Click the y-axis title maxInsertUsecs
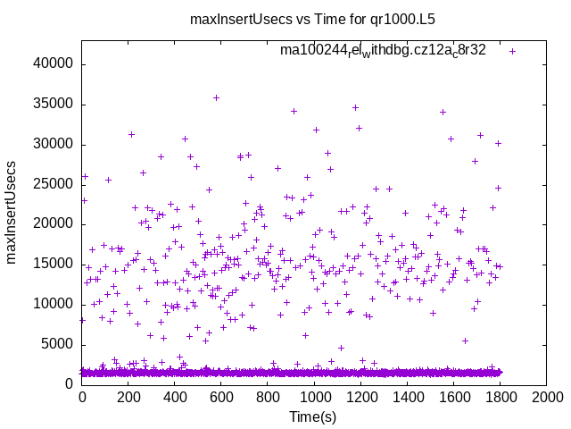click(x=12, y=211)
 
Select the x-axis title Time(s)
click(x=313, y=417)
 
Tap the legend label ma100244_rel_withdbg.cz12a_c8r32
click(x=383, y=50)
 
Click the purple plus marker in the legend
click(x=512, y=51)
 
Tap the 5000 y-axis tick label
click(x=59, y=344)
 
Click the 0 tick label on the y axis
click(x=70, y=384)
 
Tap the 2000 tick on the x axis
click(x=546, y=398)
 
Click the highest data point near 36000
click(x=216, y=97)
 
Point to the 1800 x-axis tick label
click(x=500, y=398)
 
